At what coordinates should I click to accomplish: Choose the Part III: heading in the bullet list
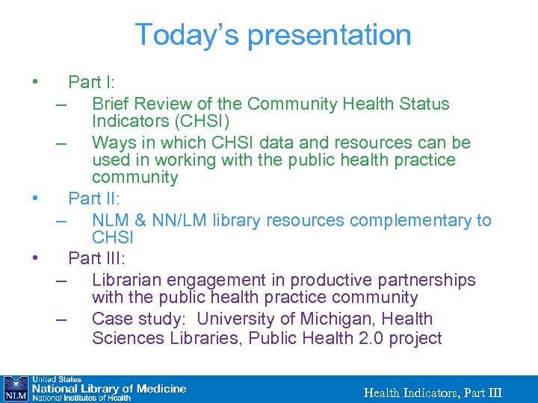(96, 259)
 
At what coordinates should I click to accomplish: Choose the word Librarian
(126, 280)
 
